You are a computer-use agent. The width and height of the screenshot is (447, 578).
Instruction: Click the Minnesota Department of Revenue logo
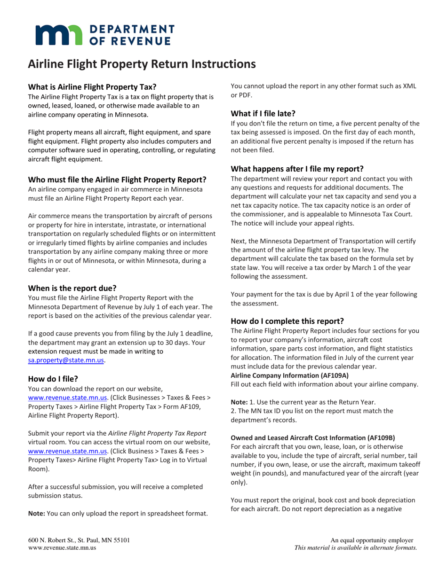pyautogui.click(x=101, y=34)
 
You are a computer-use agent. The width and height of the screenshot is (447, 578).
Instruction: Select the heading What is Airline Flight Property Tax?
pyautogui.click(x=92, y=87)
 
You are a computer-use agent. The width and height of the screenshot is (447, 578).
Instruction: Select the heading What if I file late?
pyautogui.click(x=263, y=113)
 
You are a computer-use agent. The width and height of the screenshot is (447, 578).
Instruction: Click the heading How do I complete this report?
pyautogui.click(x=287, y=321)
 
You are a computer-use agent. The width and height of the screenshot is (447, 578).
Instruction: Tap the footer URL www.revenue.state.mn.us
pyautogui.click(x=63, y=547)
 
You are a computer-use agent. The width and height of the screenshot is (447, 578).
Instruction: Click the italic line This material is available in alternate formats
pyautogui.click(x=355, y=547)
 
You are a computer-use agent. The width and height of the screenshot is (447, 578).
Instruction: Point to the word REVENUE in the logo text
pyautogui.click(x=139, y=41)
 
